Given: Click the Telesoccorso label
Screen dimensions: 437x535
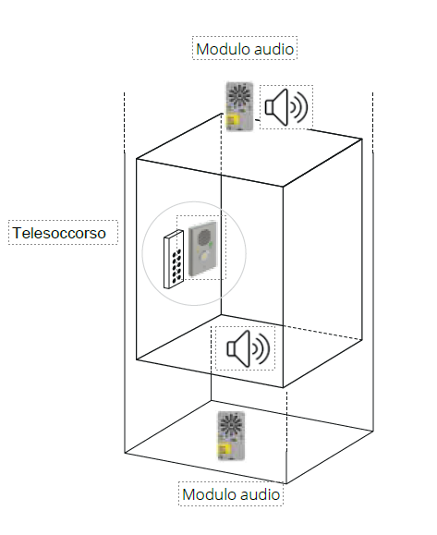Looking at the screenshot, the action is [x=59, y=233].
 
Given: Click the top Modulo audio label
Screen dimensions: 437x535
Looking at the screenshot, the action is [x=245, y=49].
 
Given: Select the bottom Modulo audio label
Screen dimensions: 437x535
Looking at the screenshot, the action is [x=231, y=494].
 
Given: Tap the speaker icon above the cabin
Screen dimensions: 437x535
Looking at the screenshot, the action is [x=286, y=107].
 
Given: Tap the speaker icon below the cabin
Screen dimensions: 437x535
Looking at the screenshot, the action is [x=249, y=348].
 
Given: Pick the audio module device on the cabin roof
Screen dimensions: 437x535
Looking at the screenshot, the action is [x=240, y=106].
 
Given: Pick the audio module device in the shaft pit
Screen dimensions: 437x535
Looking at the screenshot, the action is [x=231, y=436].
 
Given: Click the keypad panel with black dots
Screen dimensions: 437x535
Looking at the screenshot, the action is [x=174, y=260].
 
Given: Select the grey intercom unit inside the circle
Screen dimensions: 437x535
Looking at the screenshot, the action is [x=202, y=249].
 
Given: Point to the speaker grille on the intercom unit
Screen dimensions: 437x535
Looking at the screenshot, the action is [x=204, y=237].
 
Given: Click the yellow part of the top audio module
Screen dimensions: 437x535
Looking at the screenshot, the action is [x=234, y=121].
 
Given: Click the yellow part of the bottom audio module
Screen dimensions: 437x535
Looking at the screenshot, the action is [x=225, y=450].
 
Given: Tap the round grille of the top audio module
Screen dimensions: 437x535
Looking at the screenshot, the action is [x=239, y=93].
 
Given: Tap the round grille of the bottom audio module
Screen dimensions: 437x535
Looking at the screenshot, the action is [x=231, y=423].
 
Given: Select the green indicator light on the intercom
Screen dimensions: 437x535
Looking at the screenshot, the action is [x=211, y=245].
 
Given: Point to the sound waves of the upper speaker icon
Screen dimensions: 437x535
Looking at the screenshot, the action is [x=299, y=107].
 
